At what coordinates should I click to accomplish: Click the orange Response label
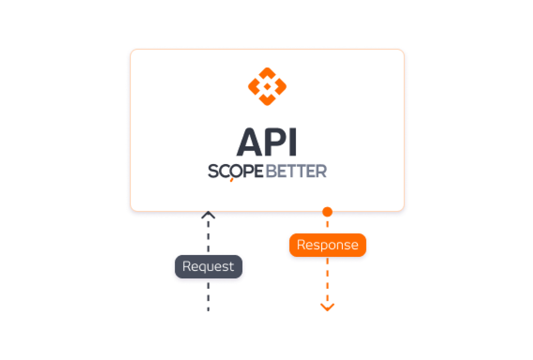click(327, 245)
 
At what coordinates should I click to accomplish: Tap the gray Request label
click(208, 267)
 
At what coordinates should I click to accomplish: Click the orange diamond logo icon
click(267, 87)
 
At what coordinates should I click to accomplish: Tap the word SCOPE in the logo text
click(235, 171)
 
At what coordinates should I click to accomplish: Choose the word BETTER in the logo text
click(296, 171)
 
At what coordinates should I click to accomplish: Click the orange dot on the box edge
click(327, 212)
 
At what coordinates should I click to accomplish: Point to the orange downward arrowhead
click(327, 307)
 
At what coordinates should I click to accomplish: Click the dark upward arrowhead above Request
click(208, 215)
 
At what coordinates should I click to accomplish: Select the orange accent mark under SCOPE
click(232, 180)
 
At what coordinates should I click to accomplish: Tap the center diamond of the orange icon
click(267, 87)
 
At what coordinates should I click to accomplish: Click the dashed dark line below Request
click(208, 297)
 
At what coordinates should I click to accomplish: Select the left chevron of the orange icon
click(254, 87)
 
